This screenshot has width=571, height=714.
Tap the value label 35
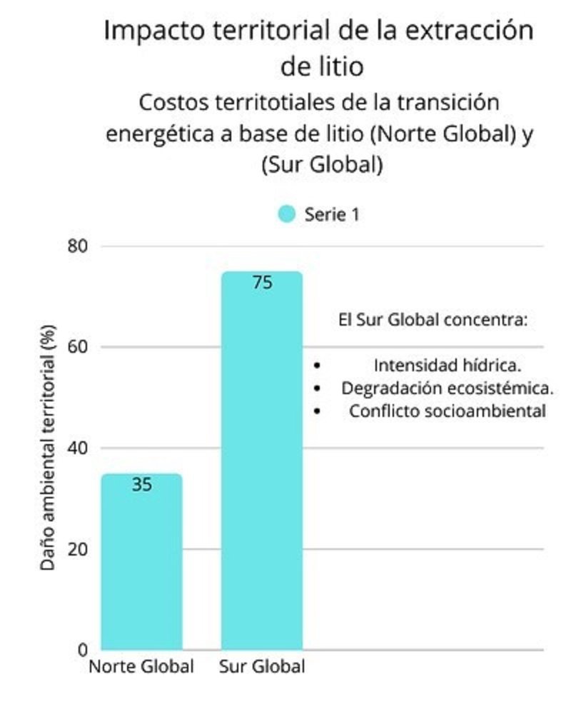coord(142,485)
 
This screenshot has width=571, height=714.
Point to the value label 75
coord(262,283)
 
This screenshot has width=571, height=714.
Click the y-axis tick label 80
coord(78,246)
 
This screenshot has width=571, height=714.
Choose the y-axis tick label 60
coord(78,347)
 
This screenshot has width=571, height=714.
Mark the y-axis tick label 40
coord(78,448)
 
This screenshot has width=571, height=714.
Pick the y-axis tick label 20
coord(78,549)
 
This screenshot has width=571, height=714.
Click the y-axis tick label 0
coord(83,650)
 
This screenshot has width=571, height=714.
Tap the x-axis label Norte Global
coord(141,668)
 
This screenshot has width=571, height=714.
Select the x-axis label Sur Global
coord(262,668)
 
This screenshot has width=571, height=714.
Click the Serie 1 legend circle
coord(287,214)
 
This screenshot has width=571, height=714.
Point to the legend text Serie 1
coord(332,214)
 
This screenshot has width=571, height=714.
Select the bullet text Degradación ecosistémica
coord(448,388)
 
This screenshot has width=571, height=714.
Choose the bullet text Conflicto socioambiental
coord(448,411)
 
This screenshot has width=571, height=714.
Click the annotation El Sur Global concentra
coord(433,320)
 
